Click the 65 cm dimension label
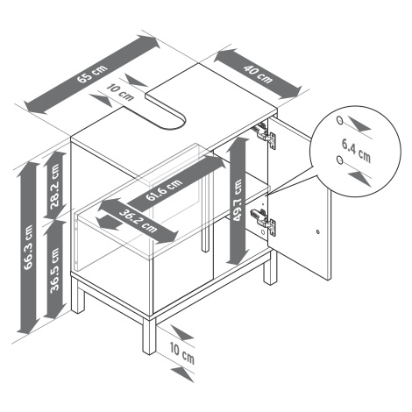(92, 75)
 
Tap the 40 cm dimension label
(258, 75)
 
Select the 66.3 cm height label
(29, 247)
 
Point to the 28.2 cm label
(54, 187)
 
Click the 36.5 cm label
(54, 270)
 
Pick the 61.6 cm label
(164, 190)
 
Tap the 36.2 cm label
(138, 221)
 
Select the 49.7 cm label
(238, 200)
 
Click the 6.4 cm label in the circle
(356, 151)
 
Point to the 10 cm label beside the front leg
(182, 352)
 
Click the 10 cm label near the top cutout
(120, 92)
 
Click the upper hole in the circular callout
(339, 120)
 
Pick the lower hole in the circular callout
(339, 160)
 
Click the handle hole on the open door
(318, 232)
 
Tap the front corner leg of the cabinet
(149, 336)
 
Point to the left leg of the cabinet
(77, 295)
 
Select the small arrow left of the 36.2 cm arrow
(110, 223)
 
